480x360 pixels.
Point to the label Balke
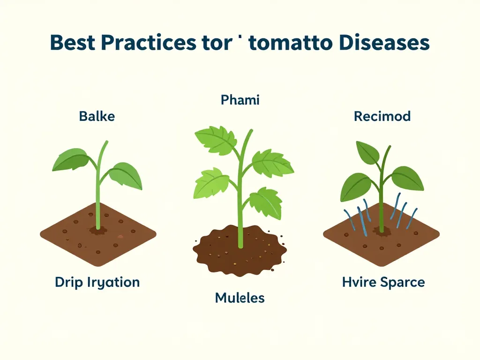point(97,116)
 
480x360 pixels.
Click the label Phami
point(240,100)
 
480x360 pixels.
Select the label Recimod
point(382,116)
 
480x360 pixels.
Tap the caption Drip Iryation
point(97,282)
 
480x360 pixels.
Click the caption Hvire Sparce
point(384,282)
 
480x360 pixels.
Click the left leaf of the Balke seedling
point(71,159)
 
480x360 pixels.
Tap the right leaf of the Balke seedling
point(125,176)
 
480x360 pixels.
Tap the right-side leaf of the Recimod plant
point(407,178)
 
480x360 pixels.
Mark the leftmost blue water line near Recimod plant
point(347,218)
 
